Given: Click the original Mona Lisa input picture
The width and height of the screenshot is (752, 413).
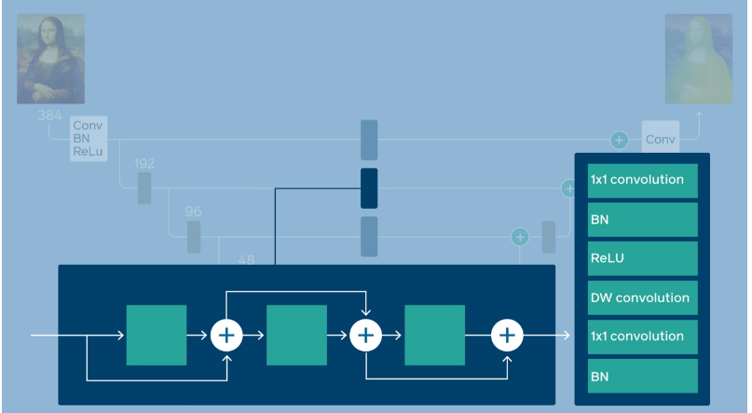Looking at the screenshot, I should (x=50, y=58).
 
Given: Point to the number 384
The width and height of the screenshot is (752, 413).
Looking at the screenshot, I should (x=50, y=115).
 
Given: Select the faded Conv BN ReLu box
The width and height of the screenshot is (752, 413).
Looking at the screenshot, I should (x=89, y=138).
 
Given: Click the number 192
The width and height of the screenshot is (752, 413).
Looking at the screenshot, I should (x=144, y=163).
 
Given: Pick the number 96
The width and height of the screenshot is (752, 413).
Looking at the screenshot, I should (x=193, y=212).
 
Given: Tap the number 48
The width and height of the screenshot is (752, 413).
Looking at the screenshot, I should (x=246, y=259).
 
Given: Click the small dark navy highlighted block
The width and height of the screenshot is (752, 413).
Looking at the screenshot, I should (x=369, y=188).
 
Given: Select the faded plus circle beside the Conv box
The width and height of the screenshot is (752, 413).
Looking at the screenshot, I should (x=619, y=140).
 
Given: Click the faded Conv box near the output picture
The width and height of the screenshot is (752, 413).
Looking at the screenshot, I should (x=661, y=140).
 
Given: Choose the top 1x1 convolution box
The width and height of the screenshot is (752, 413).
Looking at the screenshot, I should (x=642, y=180).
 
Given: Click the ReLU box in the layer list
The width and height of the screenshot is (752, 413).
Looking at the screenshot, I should (x=642, y=258).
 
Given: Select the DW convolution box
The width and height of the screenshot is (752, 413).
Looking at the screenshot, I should (x=642, y=297).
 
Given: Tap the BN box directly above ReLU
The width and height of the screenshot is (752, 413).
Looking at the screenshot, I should (x=642, y=219).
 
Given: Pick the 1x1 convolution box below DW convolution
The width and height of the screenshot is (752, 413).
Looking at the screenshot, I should (x=642, y=337).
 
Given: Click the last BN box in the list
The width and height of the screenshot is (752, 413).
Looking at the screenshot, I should (x=642, y=376).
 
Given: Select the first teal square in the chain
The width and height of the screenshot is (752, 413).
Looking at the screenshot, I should (x=157, y=335).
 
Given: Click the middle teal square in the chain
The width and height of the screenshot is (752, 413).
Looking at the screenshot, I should (x=296, y=335).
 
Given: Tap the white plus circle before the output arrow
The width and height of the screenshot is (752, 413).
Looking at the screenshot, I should (x=507, y=335).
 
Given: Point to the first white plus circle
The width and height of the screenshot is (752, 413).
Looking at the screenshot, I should (x=226, y=335).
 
